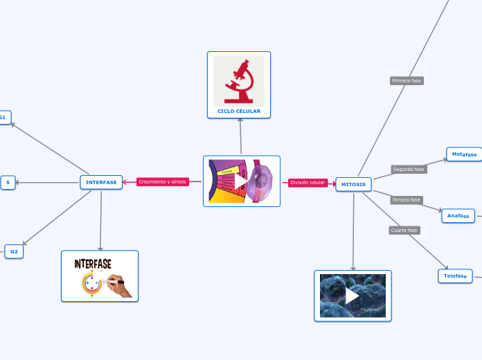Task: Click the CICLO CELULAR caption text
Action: [239, 111]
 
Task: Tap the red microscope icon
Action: [239, 80]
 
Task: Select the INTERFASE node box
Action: [101, 182]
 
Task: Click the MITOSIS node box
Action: [353, 184]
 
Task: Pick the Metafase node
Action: [464, 154]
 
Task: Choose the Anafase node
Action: [458, 216]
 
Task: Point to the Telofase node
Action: [455, 276]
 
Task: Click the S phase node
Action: [8, 183]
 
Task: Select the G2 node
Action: [14, 251]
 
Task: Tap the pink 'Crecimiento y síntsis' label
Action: [162, 182]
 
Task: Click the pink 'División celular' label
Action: [307, 183]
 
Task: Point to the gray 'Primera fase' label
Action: [407, 81]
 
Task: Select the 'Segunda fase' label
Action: [409, 169]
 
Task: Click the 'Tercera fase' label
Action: [407, 200]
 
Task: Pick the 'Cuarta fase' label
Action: [404, 231]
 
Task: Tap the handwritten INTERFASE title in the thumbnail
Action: [93, 264]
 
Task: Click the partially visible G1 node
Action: [3, 118]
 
